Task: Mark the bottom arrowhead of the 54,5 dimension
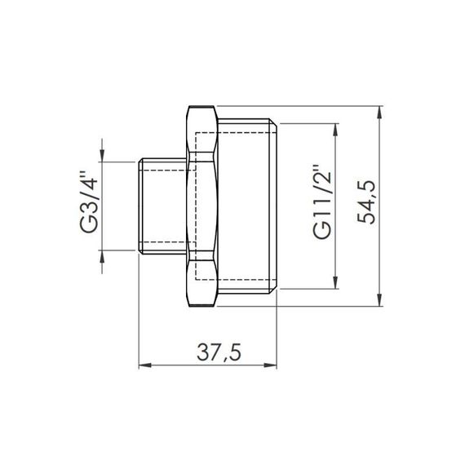click(x=381, y=301)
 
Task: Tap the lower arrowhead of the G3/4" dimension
click(x=103, y=259)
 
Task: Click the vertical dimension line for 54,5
click(x=381, y=245)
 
